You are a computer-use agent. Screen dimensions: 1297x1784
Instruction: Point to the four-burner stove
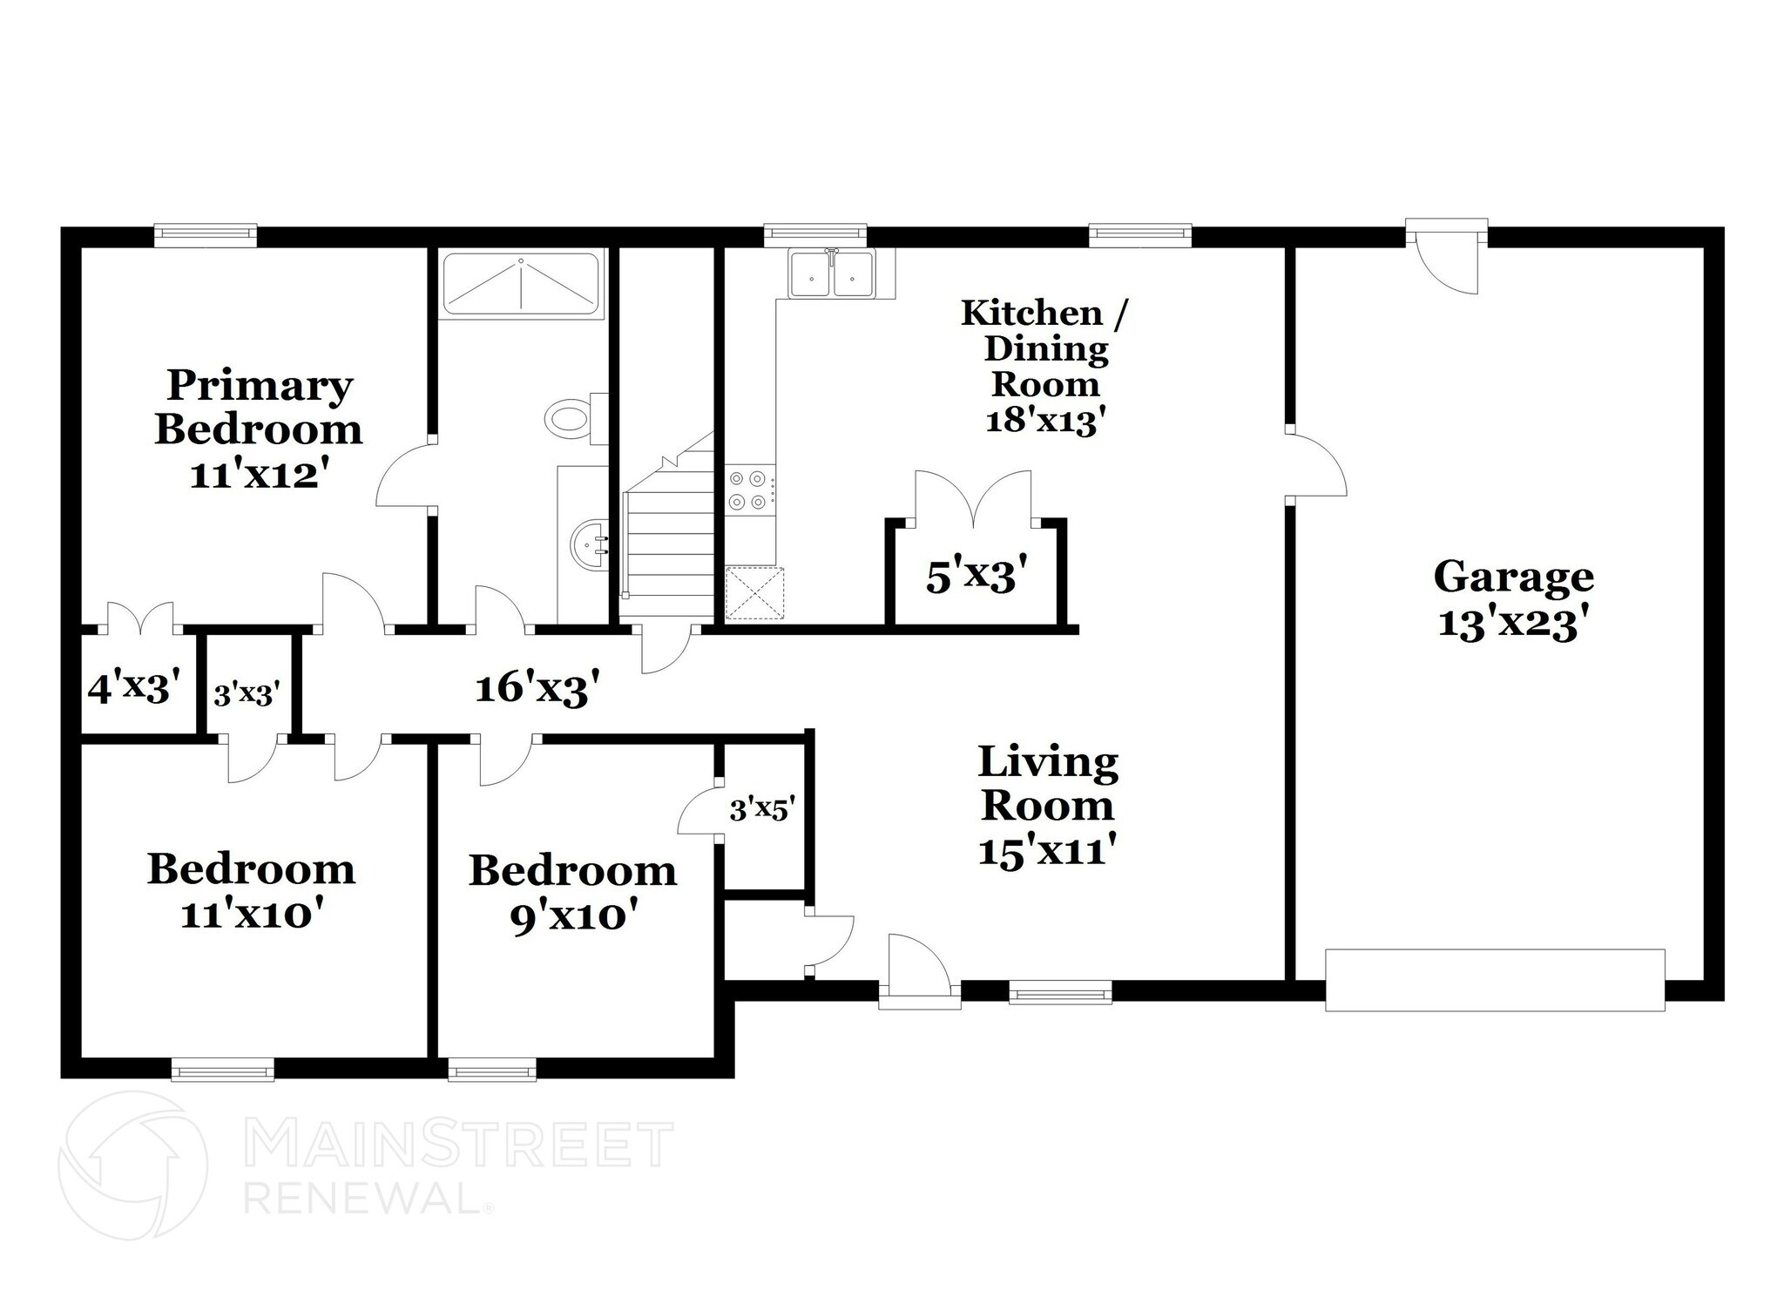click(748, 490)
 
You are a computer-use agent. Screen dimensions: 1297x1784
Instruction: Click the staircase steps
click(669, 540)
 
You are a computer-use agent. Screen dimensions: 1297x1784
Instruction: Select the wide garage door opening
click(1494, 980)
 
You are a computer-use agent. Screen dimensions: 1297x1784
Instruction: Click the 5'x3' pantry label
click(970, 577)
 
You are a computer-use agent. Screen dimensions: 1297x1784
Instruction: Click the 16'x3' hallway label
click(537, 688)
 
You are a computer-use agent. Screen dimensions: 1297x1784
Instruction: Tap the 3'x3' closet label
click(247, 694)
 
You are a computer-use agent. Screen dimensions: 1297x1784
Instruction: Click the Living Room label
click(1047, 783)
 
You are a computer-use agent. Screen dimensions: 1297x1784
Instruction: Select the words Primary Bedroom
click(259, 407)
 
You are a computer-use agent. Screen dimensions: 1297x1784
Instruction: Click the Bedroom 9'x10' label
click(572, 893)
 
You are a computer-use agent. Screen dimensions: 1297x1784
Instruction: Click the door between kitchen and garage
click(1317, 466)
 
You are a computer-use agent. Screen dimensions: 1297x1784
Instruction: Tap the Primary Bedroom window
click(206, 233)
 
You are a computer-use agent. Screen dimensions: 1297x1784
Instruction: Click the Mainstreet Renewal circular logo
click(132, 1166)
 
